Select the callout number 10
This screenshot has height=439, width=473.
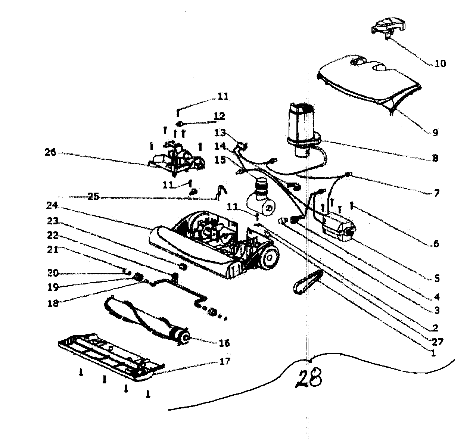(x=440, y=63)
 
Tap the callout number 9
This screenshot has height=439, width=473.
(x=435, y=133)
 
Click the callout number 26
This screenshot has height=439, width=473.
(x=50, y=152)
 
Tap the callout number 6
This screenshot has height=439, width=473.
(x=435, y=244)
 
